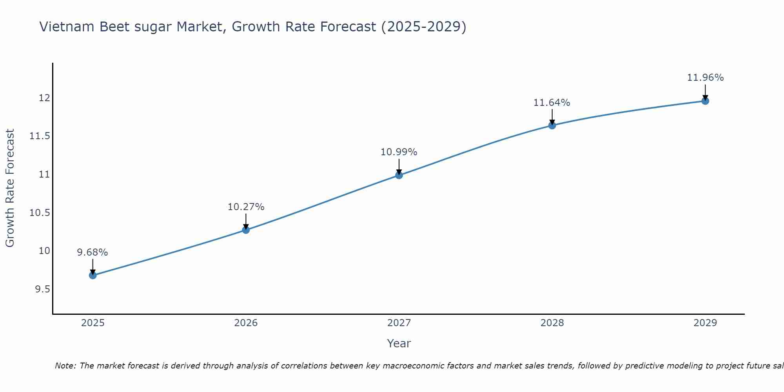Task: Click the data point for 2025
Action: pos(93,275)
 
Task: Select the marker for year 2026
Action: pos(246,230)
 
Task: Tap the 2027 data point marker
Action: pos(399,175)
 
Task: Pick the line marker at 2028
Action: pos(552,125)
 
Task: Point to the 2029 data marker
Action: pos(705,101)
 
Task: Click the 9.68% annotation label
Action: pos(93,252)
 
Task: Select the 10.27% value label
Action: pos(246,207)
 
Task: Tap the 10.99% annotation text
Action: pos(399,152)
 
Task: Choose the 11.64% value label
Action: pos(552,103)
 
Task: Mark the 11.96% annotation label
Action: pos(705,78)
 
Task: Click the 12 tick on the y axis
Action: pos(44,98)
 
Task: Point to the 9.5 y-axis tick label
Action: pos(42,289)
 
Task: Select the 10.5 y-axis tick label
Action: pos(40,213)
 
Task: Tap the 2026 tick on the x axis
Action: pos(246,323)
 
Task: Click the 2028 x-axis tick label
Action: pos(552,323)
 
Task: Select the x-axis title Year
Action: pos(399,343)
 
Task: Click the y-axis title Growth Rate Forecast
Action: pos(10,188)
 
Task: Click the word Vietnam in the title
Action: pos(67,27)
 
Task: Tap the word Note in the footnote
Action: pos(65,366)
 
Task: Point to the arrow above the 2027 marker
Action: pos(399,166)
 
